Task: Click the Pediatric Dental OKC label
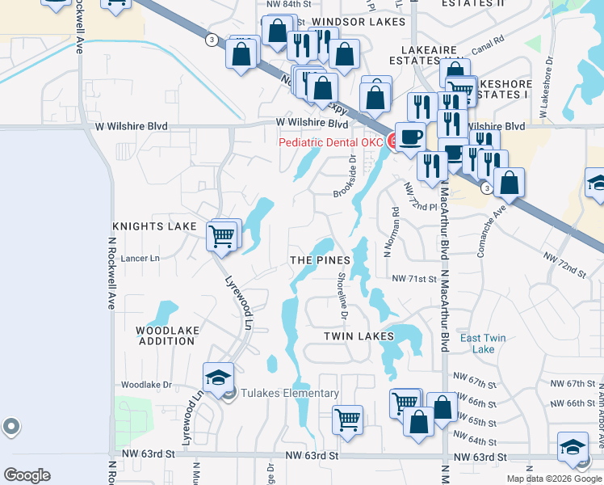[330, 143]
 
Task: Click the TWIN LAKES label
[359, 335]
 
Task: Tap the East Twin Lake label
[483, 344]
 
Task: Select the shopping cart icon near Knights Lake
[221, 237]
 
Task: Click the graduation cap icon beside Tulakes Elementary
[218, 378]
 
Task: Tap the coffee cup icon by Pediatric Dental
[410, 137]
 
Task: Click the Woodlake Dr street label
[146, 386]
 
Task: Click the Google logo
[27, 476]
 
